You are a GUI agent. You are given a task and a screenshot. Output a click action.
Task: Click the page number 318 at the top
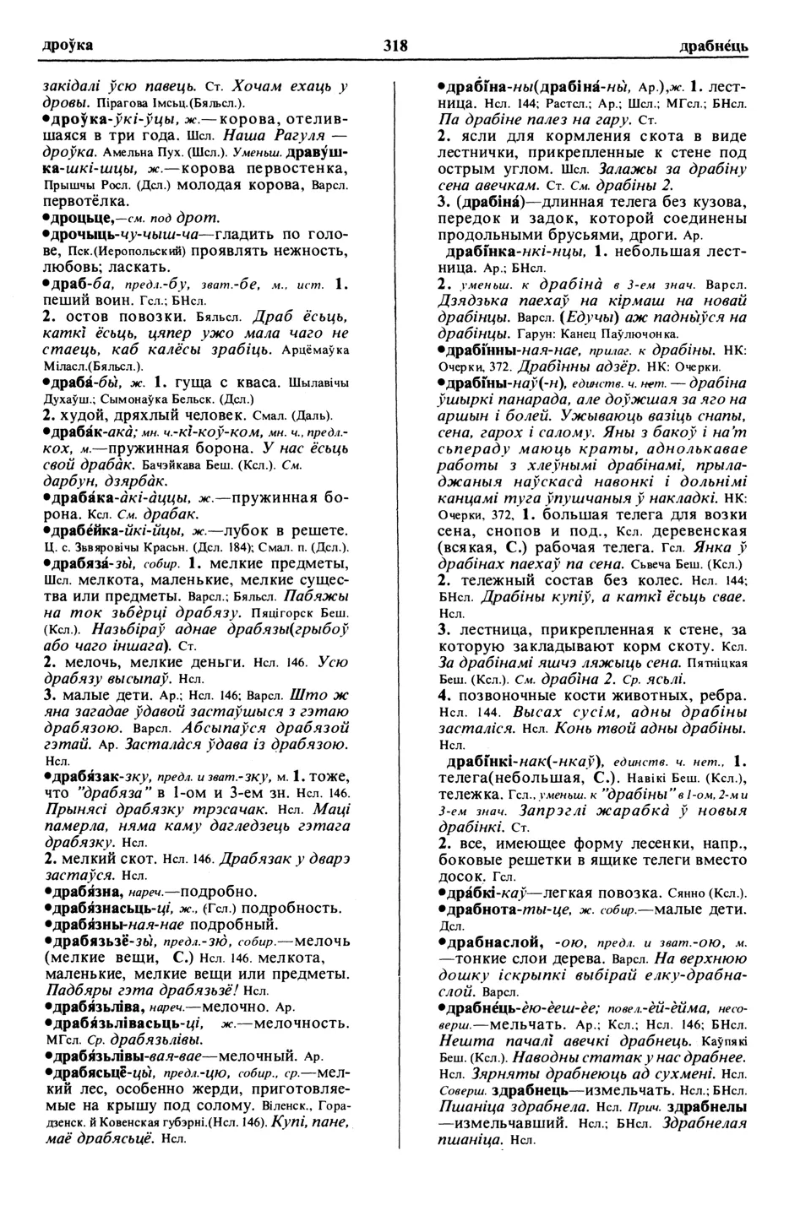pyautogui.click(x=395, y=46)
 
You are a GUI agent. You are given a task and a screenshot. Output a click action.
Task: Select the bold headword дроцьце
pyautogui.click(x=77, y=217)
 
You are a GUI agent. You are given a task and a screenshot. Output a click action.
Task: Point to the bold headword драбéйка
pyautogui.click(x=83, y=530)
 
